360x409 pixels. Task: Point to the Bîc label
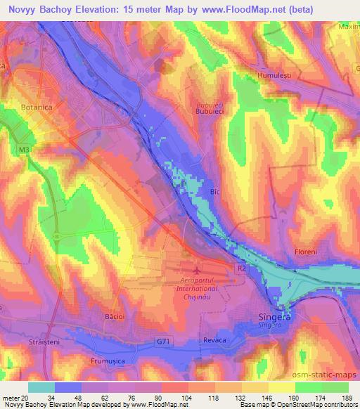217,190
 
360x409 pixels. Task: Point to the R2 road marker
240,268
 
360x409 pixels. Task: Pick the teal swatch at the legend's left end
41,387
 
